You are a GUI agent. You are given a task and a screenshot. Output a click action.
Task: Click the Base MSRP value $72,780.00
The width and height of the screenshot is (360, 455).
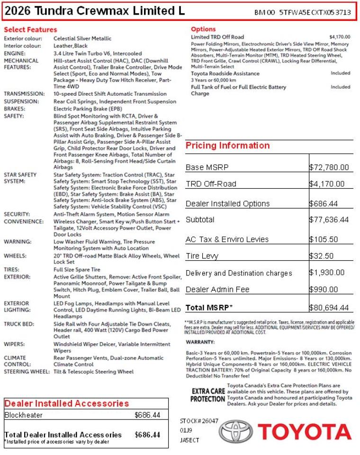[x=329, y=167]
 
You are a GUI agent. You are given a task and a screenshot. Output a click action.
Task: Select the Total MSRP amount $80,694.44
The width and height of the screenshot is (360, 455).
[x=329, y=308]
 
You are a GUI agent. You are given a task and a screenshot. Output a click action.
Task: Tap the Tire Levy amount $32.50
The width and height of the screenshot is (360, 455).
[x=322, y=256]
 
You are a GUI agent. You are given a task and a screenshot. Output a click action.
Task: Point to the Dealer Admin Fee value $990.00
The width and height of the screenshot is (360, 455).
[x=324, y=290]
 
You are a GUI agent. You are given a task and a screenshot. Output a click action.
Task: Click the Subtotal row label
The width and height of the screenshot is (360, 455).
[x=200, y=220]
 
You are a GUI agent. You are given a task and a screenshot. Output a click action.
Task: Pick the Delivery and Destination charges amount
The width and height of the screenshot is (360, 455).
[x=327, y=273]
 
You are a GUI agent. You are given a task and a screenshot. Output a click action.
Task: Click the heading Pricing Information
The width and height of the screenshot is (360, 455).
[x=227, y=146]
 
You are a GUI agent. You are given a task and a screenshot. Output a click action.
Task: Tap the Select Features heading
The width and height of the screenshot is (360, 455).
[x=30, y=30]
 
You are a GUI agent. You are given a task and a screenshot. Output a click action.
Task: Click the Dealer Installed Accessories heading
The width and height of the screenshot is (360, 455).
[x=66, y=404]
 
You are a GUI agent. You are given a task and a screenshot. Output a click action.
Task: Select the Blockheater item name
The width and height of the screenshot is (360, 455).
[x=23, y=415]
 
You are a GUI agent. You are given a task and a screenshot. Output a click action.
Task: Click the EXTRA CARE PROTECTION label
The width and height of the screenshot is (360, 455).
[x=207, y=395]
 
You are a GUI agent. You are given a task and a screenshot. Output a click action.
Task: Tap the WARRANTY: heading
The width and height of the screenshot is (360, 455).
[x=200, y=342]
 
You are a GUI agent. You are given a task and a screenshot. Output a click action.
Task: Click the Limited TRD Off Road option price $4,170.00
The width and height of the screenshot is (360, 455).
[x=340, y=37]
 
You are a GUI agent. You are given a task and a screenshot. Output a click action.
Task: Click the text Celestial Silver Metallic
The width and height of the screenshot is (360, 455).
[x=82, y=39]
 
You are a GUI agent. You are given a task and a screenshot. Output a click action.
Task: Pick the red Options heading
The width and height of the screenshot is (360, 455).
[x=203, y=29]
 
